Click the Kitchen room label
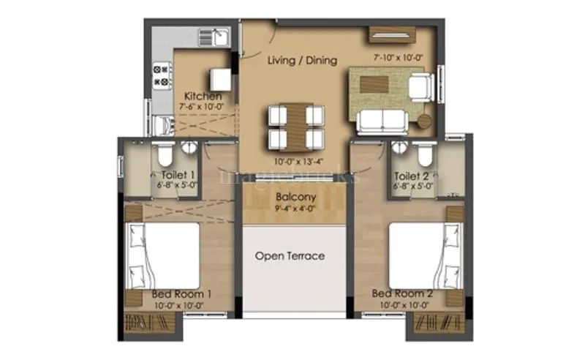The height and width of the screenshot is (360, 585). (x=203, y=96)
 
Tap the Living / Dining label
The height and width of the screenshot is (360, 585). (x=302, y=60)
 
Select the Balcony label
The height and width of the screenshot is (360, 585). (x=296, y=197)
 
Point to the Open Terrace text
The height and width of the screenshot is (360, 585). (x=290, y=256)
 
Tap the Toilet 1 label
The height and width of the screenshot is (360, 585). (x=177, y=176)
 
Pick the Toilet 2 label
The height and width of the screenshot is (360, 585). (x=412, y=176)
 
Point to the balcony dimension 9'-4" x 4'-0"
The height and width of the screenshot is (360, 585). (x=296, y=209)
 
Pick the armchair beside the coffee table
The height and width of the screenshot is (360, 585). (x=420, y=87)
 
